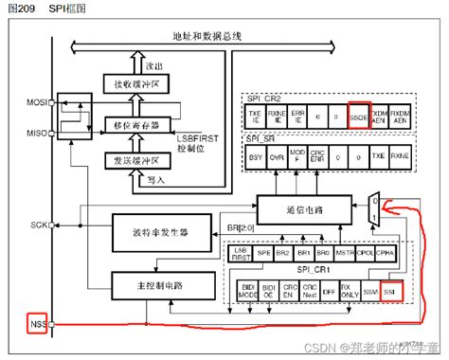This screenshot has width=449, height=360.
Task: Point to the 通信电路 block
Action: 301,207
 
